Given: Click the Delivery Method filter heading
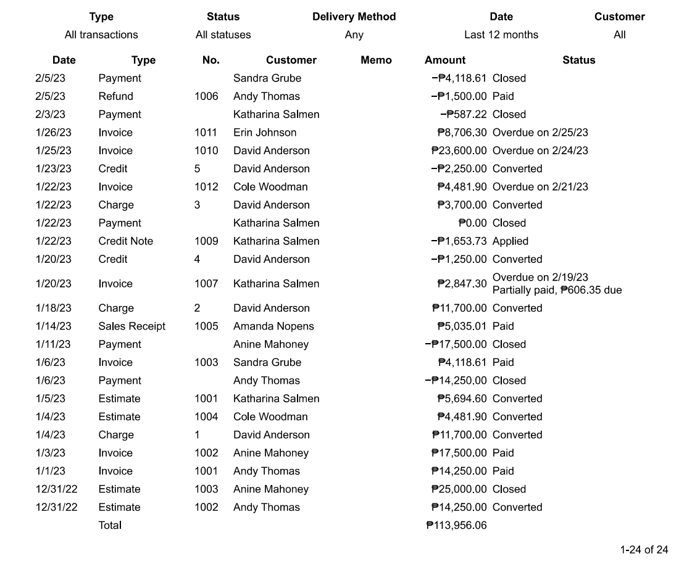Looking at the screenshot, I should click(354, 17).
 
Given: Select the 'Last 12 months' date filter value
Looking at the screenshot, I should click(501, 35).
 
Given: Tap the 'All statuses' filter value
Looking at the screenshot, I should click(223, 35).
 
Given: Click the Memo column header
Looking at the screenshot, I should click(376, 60).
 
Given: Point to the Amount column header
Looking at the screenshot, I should click(445, 60).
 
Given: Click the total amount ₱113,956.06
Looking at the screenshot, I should click(456, 525).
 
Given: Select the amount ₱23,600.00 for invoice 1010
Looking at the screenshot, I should click(459, 151).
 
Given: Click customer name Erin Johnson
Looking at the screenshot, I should click(265, 133).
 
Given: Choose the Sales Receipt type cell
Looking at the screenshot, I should click(131, 326).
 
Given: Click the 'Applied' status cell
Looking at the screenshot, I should click(510, 241).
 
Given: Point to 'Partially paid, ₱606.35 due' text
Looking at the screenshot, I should click(557, 290).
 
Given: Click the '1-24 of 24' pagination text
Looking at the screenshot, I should click(644, 550).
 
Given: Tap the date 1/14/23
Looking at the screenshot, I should click(53, 326).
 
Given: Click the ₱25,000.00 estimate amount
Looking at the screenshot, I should click(459, 489).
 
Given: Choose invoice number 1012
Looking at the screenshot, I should click(206, 187).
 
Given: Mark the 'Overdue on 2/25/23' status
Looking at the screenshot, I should click(540, 133).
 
